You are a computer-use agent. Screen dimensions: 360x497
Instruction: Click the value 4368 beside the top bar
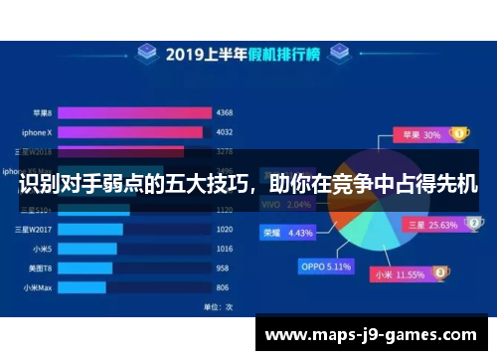point(224,111)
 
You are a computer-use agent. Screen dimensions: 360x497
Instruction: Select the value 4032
point(224,130)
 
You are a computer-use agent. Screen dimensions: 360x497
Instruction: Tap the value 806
point(224,288)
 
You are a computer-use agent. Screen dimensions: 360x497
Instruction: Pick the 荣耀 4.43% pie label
point(288,233)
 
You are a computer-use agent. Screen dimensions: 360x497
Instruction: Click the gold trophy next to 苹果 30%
point(459,132)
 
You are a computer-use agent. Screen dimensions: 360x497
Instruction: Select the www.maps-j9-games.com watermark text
point(371,335)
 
